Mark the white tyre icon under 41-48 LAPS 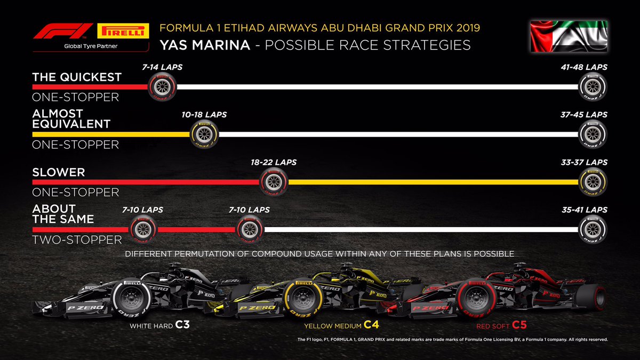pos(593,86)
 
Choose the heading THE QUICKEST pos(77,77)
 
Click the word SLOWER pos(59,173)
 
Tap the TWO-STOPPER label pos(77,240)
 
